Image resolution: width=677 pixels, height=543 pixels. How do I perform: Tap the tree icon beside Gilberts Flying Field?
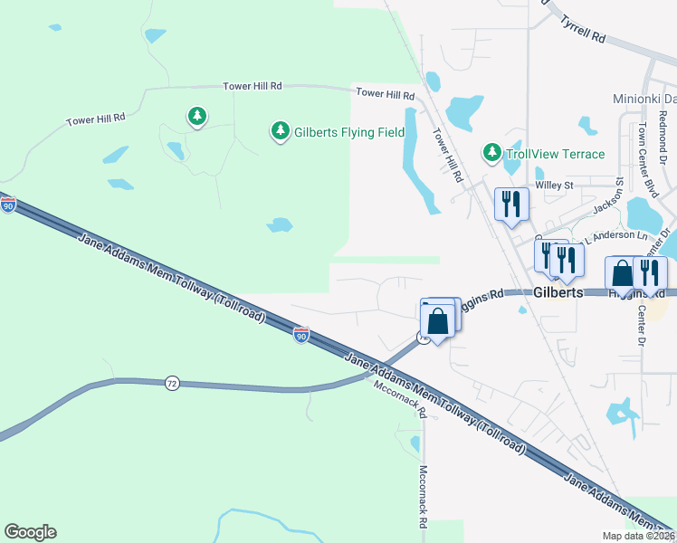(x=281, y=132)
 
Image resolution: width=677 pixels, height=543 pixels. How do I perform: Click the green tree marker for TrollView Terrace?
(x=491, y=152)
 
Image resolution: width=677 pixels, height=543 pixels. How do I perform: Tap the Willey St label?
(x=555, y=186)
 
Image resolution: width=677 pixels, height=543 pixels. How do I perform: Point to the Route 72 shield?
(x=172, y=384)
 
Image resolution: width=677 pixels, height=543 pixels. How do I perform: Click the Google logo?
(x=30, y=532)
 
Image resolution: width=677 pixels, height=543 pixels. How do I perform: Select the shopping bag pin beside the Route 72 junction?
(x=437, y=322)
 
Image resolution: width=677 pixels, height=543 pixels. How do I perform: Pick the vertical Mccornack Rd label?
(x=423, y=497)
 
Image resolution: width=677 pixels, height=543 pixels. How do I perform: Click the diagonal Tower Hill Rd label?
(x=448, y=155)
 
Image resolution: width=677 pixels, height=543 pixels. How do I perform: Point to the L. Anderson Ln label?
(x=620, y=235)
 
